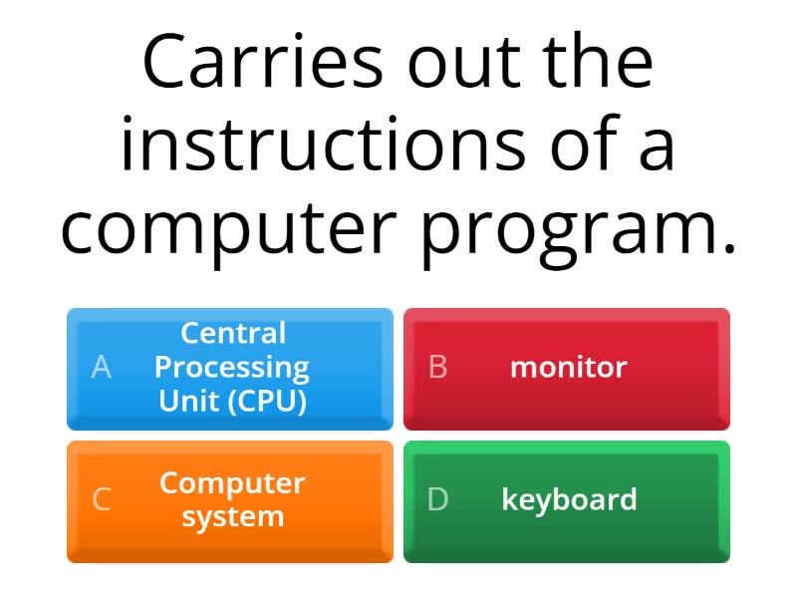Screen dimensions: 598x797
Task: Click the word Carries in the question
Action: (x=262, y=62)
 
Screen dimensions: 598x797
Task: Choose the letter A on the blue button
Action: (x=101, y=368)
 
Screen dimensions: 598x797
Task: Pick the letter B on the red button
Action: (x=437, y=368)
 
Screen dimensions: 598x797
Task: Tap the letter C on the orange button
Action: (x=101, y=500)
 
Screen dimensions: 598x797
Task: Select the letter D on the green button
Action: (x=437, y=500)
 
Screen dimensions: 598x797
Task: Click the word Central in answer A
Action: (x=232, y=333)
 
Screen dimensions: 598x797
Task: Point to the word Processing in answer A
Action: (x=232, y=368)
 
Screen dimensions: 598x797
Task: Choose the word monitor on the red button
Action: (x=568, y=368)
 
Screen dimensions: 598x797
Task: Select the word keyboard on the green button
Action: (x=569, y=499)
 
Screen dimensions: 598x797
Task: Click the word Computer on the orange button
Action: (x=232, y=483)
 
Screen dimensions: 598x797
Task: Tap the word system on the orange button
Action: (x=232, y=517)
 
